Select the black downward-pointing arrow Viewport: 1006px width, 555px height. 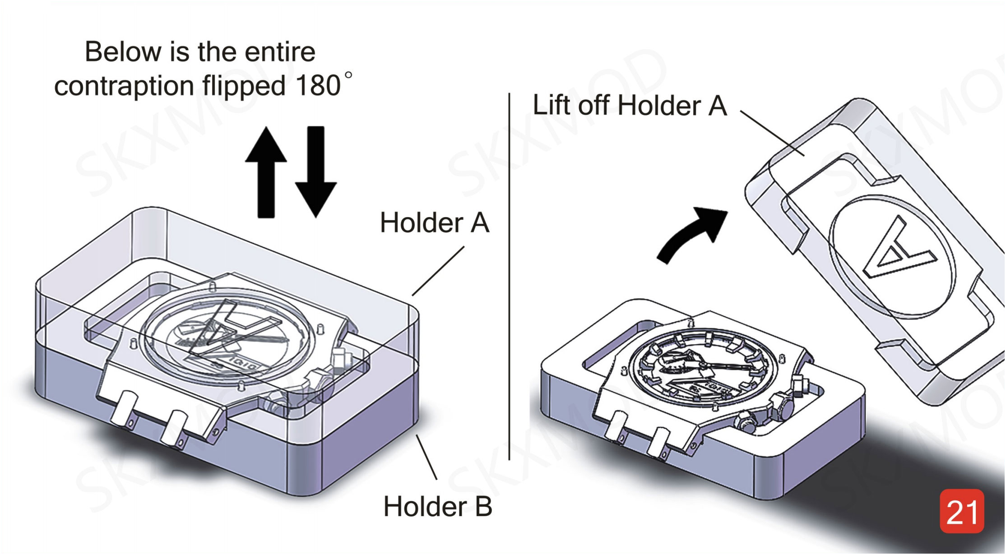click(x=315, y=171)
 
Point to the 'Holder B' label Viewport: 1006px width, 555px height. click(x=437, y=506)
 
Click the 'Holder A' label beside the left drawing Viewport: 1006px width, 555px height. click(x=434, y=222)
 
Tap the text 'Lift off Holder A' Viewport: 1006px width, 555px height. click(x=630, y=106)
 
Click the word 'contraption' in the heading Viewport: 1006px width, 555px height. click(x=124, y=86)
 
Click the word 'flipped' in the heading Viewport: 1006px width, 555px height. click(x=244, y=86)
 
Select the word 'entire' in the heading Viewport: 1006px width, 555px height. click(x=280, y=51)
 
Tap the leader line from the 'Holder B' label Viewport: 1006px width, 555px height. click(x=426, y=457)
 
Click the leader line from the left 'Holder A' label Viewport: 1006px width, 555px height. click(x=438, y=271)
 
